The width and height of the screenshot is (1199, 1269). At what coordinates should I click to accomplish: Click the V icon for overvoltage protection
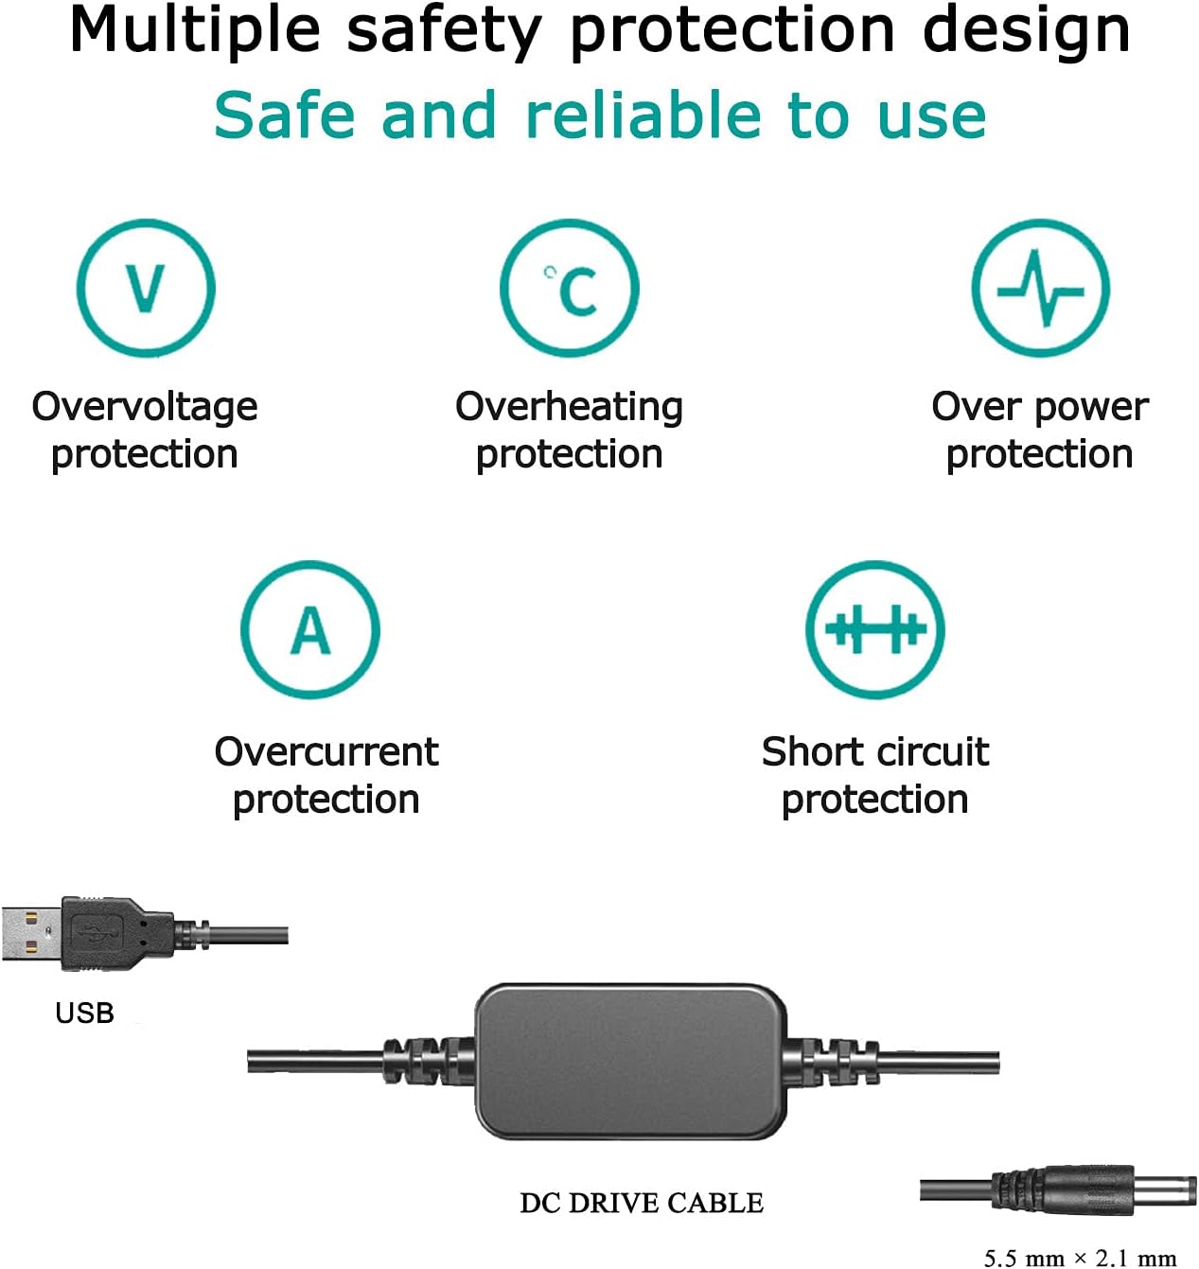tap(146, 288)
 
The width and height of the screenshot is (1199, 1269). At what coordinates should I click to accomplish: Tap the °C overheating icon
tap(569, 288)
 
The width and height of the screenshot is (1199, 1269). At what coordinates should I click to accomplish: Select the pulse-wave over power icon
tap(1041, 288)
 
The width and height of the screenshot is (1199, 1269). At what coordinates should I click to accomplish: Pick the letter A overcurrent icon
tap(310, 629)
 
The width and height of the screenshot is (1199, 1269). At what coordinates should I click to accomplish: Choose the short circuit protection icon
tap(875, 629)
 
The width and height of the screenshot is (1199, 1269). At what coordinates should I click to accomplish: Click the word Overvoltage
tap(145, 408)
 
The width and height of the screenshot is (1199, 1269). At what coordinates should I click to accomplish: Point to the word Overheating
tap(569, 408)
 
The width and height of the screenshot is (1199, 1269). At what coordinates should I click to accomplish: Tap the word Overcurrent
tap(326, 751)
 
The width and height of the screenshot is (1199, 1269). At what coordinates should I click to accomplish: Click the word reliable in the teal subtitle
tap(643, 115)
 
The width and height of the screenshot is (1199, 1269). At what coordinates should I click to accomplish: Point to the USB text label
tap(84, 1013)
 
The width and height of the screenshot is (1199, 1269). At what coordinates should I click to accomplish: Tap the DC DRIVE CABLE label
tap(642, 1203)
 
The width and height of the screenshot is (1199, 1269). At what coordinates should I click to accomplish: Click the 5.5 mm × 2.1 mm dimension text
tap(1080, 1258)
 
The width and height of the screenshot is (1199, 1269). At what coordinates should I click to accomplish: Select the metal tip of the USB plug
tap(32, 934)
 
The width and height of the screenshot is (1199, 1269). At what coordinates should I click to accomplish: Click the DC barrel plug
tap(1094, 1190)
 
